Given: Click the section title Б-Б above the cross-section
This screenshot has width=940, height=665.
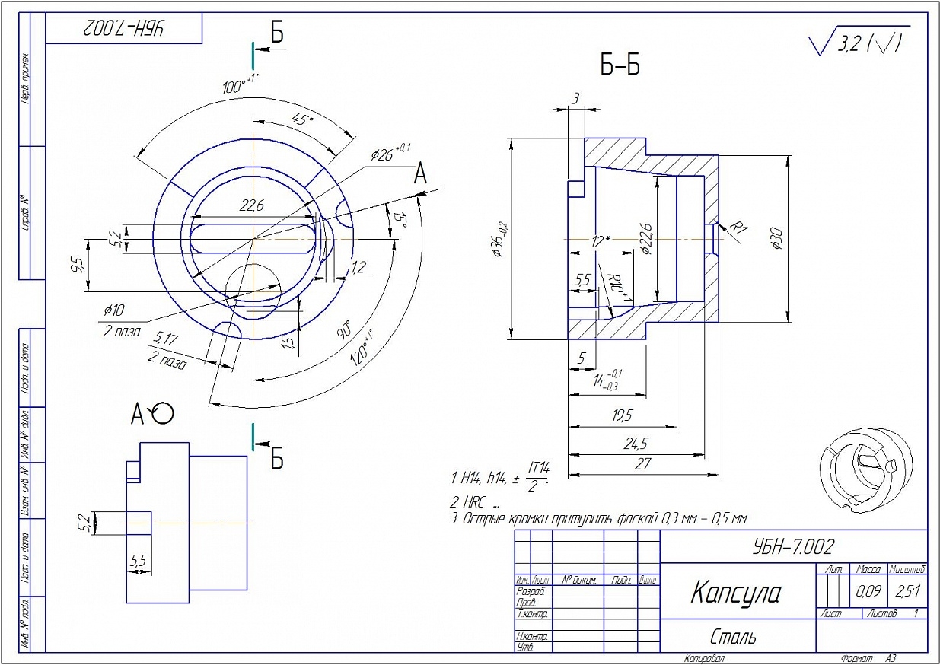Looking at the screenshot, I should tap(620, 67).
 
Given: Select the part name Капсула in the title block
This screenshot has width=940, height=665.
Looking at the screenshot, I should tap(735, 592).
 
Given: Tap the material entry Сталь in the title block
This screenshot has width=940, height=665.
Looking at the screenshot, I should tap(733, 636).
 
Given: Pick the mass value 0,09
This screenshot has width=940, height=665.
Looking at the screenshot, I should tap(869, 590).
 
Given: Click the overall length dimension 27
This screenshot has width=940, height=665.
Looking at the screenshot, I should tap(642, 463).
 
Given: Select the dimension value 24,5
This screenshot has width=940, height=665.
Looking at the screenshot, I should tap(633, 443).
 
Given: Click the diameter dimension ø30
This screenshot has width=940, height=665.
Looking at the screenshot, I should tap(776, 239).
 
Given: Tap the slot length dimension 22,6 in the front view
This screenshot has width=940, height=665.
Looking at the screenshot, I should tap(252, 205).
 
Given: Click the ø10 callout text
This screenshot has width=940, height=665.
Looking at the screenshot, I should tap(114, 311).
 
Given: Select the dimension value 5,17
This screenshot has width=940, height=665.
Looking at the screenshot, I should tap(166, 338).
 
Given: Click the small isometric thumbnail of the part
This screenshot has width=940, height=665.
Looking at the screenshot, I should tap(865, 467).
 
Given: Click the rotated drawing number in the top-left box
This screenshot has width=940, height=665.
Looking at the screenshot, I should tap(124, 30).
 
